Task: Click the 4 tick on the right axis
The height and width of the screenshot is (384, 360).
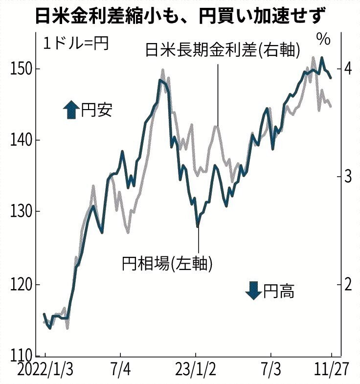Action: [x=348, y=69]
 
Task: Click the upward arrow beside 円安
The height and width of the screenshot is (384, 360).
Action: [x=71, y=110]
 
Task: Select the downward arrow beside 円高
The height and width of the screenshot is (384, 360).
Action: [x=253, y=291]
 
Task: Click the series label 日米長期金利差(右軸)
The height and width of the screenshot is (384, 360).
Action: [x=223, y=50]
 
